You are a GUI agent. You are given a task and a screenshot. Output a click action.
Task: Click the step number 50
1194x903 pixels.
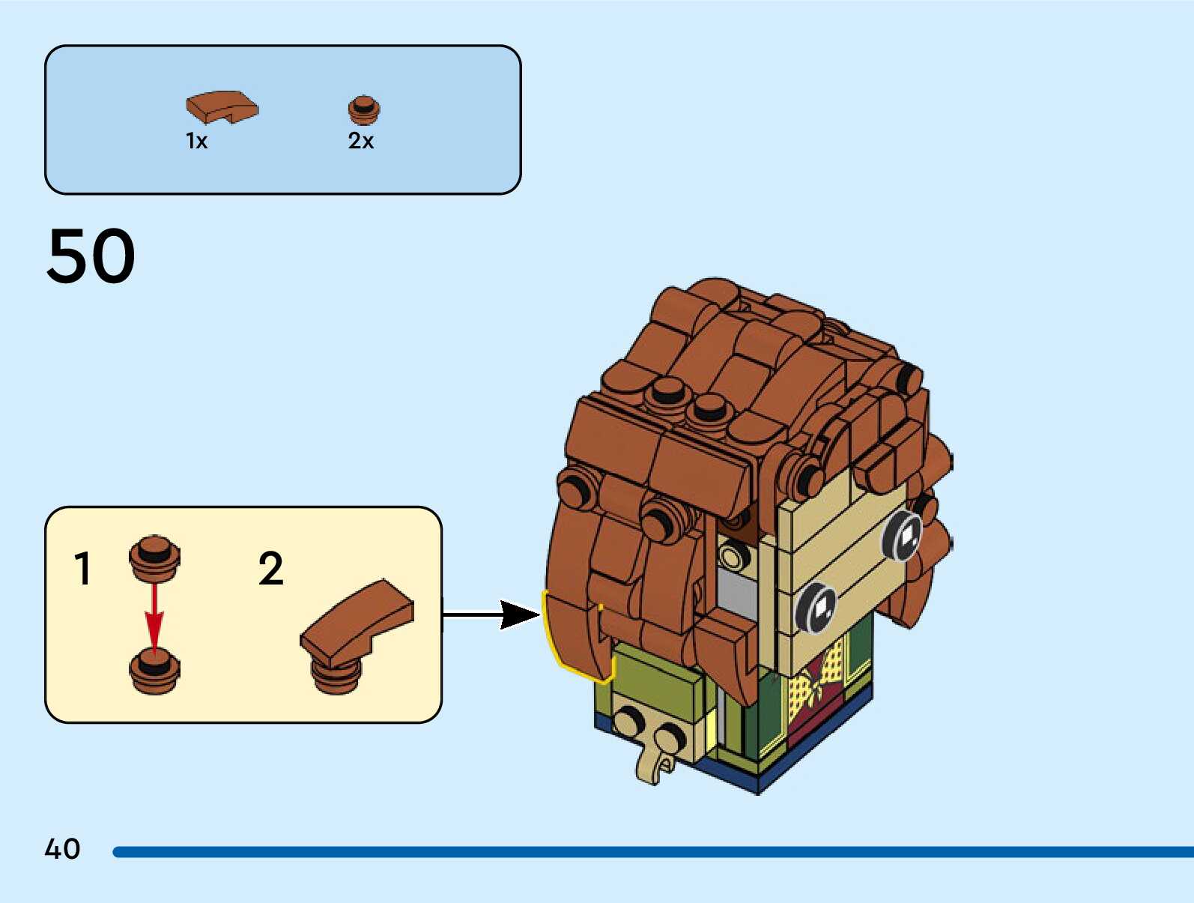coord(91,256)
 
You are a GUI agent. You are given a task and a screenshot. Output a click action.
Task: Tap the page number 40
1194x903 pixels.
coord(62,849)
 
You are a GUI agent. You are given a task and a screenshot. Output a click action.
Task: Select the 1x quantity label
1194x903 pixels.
coord(196,141)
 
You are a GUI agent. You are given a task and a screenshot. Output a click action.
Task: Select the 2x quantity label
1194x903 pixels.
coord(360,141)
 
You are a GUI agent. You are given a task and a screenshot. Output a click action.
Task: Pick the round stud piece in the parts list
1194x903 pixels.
coord(364,110)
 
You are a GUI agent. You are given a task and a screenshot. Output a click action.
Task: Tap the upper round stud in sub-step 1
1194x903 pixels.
coord(154,557)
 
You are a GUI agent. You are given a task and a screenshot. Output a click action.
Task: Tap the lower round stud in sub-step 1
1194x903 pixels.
coord(154,671)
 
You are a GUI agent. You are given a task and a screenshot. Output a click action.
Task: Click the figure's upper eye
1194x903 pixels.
coord(903,535)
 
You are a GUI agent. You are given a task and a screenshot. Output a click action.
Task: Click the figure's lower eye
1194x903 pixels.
coord(816,606)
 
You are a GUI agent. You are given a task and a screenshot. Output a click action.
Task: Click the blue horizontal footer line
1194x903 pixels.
coord(652,852)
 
